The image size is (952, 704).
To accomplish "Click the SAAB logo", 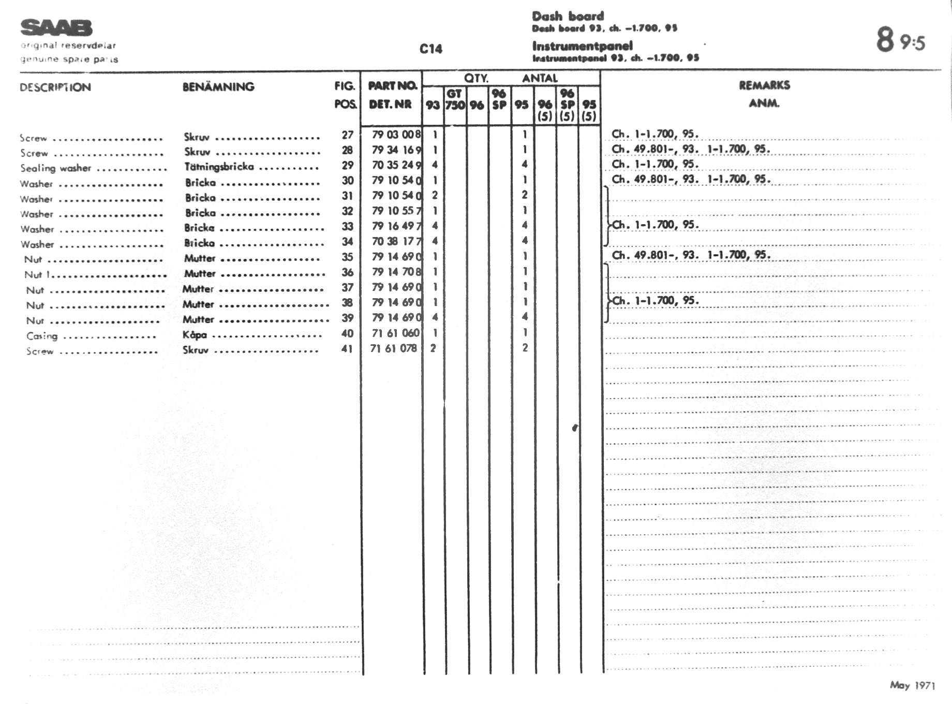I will pos(56,27).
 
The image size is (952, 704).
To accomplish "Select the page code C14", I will pos(430,49).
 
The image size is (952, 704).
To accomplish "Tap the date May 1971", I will pos(912,685).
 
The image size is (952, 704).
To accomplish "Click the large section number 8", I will pos(885,39).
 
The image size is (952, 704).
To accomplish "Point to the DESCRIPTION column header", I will pos(55,87).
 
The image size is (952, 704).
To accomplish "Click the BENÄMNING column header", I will pos(218,87).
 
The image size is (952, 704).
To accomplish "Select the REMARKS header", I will pos(764,85).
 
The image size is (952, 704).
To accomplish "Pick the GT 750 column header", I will pos(455,99).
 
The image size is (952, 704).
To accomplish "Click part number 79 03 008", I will pos(396,135).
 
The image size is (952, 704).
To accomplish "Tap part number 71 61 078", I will pos(393,348).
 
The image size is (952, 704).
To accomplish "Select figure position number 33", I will pos(347,226).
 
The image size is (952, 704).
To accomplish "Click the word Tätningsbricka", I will pos(219,167).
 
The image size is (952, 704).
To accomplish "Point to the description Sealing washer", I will pos(55,168).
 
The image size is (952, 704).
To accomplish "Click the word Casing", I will pos(42,336).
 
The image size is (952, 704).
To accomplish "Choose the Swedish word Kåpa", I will pos(195,334).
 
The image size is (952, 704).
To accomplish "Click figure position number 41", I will pos(347,349).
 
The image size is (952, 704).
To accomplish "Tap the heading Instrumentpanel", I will pos(582,46).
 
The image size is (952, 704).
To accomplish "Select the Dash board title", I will pos(568,16).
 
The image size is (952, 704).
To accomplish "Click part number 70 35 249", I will pos(396,165).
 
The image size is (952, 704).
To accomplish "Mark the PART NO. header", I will pos(392,86).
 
